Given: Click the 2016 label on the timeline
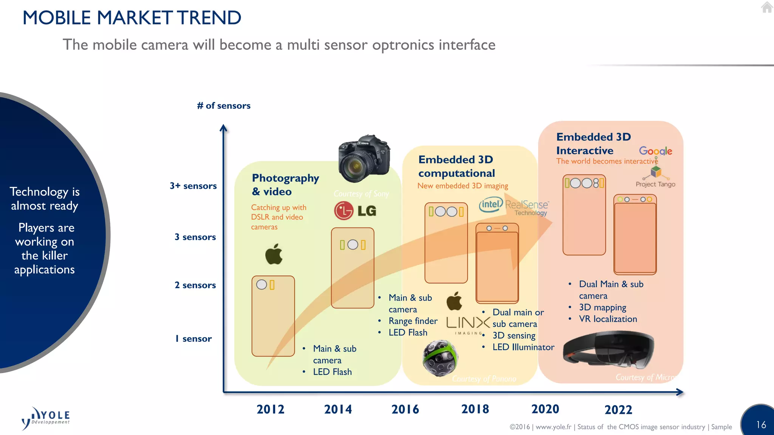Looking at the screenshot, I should pos(405,409).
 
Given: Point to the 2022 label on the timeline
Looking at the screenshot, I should pos(618,410).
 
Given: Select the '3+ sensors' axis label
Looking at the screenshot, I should pos(193,186).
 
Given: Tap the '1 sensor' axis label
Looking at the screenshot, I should pos(193,339).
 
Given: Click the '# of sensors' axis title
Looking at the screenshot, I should pos(224,106).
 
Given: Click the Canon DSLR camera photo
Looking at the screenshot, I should pos(364,159).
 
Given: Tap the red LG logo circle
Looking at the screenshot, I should pos(344,211).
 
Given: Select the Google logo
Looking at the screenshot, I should pos(655,151).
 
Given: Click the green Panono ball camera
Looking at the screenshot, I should pos(440,358).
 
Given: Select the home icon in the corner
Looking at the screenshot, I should pos(767,7).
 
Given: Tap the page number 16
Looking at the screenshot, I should pos(761,425).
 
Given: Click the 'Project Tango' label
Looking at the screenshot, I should pos(655,184).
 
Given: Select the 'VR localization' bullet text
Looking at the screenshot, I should pos(608,319).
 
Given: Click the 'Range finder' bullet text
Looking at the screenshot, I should pos(413,321).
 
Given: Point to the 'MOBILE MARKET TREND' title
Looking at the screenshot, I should pos(132,18).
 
